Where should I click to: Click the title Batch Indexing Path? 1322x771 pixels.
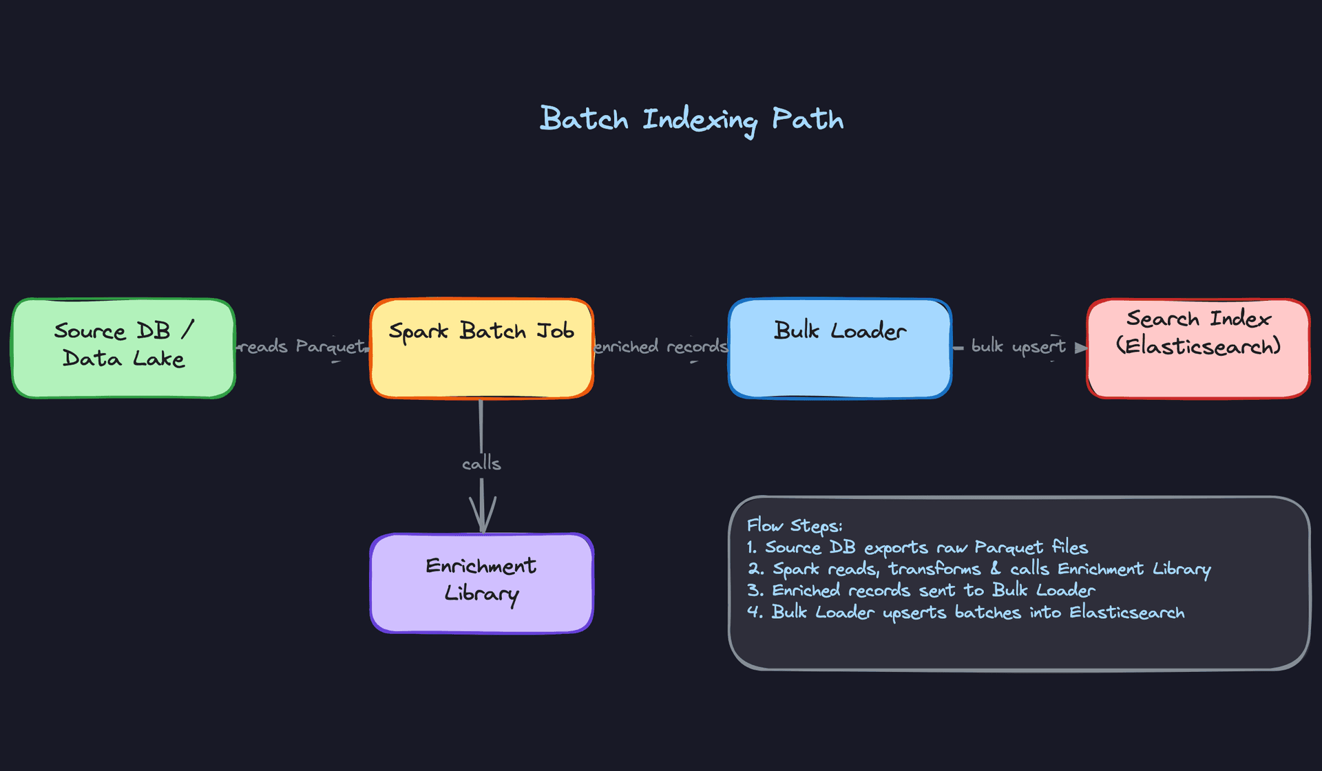point(691,120)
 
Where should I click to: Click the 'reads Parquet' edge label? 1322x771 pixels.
point(302,346)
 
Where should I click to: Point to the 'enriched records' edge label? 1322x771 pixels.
point(660,346)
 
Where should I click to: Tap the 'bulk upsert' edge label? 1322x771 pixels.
point(1018,346)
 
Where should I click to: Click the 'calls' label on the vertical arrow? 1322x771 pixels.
point(481,463)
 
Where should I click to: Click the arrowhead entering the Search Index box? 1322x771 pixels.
point(1080,348)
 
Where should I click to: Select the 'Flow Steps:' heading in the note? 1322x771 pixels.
point(795,526)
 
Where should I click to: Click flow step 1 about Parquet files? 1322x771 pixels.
point(917,548)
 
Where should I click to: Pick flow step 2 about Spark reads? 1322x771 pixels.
point(978,569)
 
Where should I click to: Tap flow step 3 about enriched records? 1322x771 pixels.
point(921,591)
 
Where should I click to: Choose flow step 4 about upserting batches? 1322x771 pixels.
point(965,613)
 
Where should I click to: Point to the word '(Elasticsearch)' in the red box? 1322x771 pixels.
point(1198,346)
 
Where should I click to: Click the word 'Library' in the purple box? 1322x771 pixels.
point(481,594)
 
